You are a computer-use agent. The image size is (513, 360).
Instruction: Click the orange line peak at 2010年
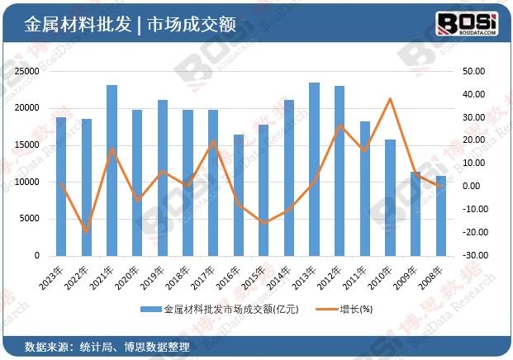(x=390, y=99)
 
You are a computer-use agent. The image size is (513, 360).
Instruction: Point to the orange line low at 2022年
(x=86, y=231)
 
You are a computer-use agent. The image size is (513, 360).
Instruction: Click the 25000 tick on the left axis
(x=27, y=71)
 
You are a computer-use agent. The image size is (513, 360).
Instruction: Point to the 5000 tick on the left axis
(x=30, y=219)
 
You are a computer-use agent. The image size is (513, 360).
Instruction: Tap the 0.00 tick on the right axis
(x=472, y=187)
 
